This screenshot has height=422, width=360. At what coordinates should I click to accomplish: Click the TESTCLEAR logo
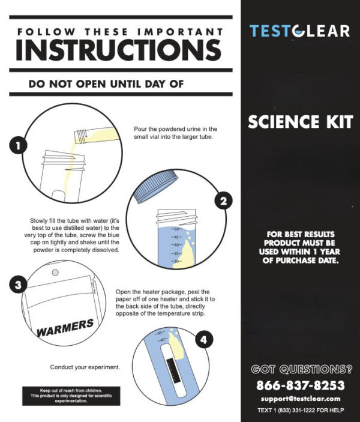click(x=300, y=31)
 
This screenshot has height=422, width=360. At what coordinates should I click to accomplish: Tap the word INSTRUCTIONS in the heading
click(x=119, y=50)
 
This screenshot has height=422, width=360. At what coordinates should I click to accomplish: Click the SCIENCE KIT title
click(x=300, y=122)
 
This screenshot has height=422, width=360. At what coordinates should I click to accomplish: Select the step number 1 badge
click(x=18, y=146)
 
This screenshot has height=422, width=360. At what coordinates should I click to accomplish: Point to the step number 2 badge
click(x=223, y=200)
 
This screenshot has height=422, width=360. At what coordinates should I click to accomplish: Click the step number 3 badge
click(x=18, y=285)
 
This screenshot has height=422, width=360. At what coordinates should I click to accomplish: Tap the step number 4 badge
click(x=203, y=339)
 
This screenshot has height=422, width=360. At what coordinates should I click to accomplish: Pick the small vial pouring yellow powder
click(x=97, y=136)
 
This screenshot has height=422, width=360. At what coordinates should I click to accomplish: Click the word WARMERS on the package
click(x=65, y=328)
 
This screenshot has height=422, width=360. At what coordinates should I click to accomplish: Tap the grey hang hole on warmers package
click(x=55, y=273)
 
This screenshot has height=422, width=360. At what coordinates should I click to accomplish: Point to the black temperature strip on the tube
click(x=173, y=371)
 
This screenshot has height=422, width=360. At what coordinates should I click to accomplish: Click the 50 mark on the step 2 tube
click(x=176, y=229)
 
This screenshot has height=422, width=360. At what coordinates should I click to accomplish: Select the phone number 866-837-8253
click(x=301, y=385)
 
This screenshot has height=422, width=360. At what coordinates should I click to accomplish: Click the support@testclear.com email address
click(x=301, y=399)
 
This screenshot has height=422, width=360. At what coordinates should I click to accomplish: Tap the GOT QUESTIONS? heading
click(x=302, y=369)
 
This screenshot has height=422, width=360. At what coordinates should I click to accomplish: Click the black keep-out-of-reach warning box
click(x=71, y=396)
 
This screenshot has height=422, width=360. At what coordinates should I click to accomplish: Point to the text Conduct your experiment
click(x=85, y=367)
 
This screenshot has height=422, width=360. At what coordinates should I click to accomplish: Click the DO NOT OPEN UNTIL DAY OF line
click(x=106, y=84)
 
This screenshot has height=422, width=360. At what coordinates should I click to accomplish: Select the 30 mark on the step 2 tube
click(x=176, y=261)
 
